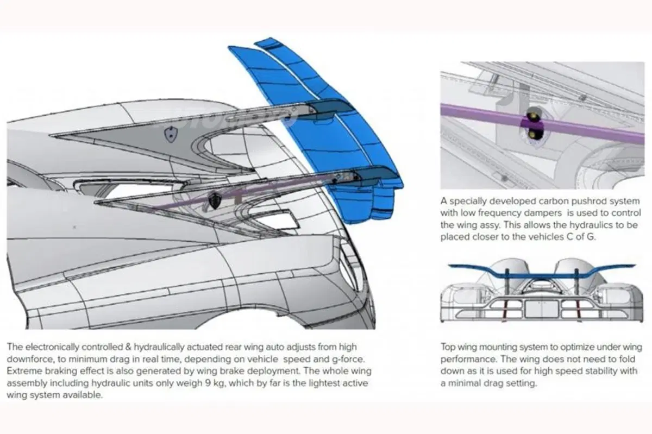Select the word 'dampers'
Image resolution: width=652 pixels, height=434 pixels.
click(544, 213)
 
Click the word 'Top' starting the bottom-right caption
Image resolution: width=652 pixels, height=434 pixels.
click(448, 347)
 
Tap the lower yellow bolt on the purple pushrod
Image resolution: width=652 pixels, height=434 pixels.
click(533, 134)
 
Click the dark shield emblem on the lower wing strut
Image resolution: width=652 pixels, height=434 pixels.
click(215, 200)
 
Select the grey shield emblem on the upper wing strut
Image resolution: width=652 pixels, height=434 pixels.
click(170, 135)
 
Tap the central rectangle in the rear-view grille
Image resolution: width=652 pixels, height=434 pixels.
click(541, 309)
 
